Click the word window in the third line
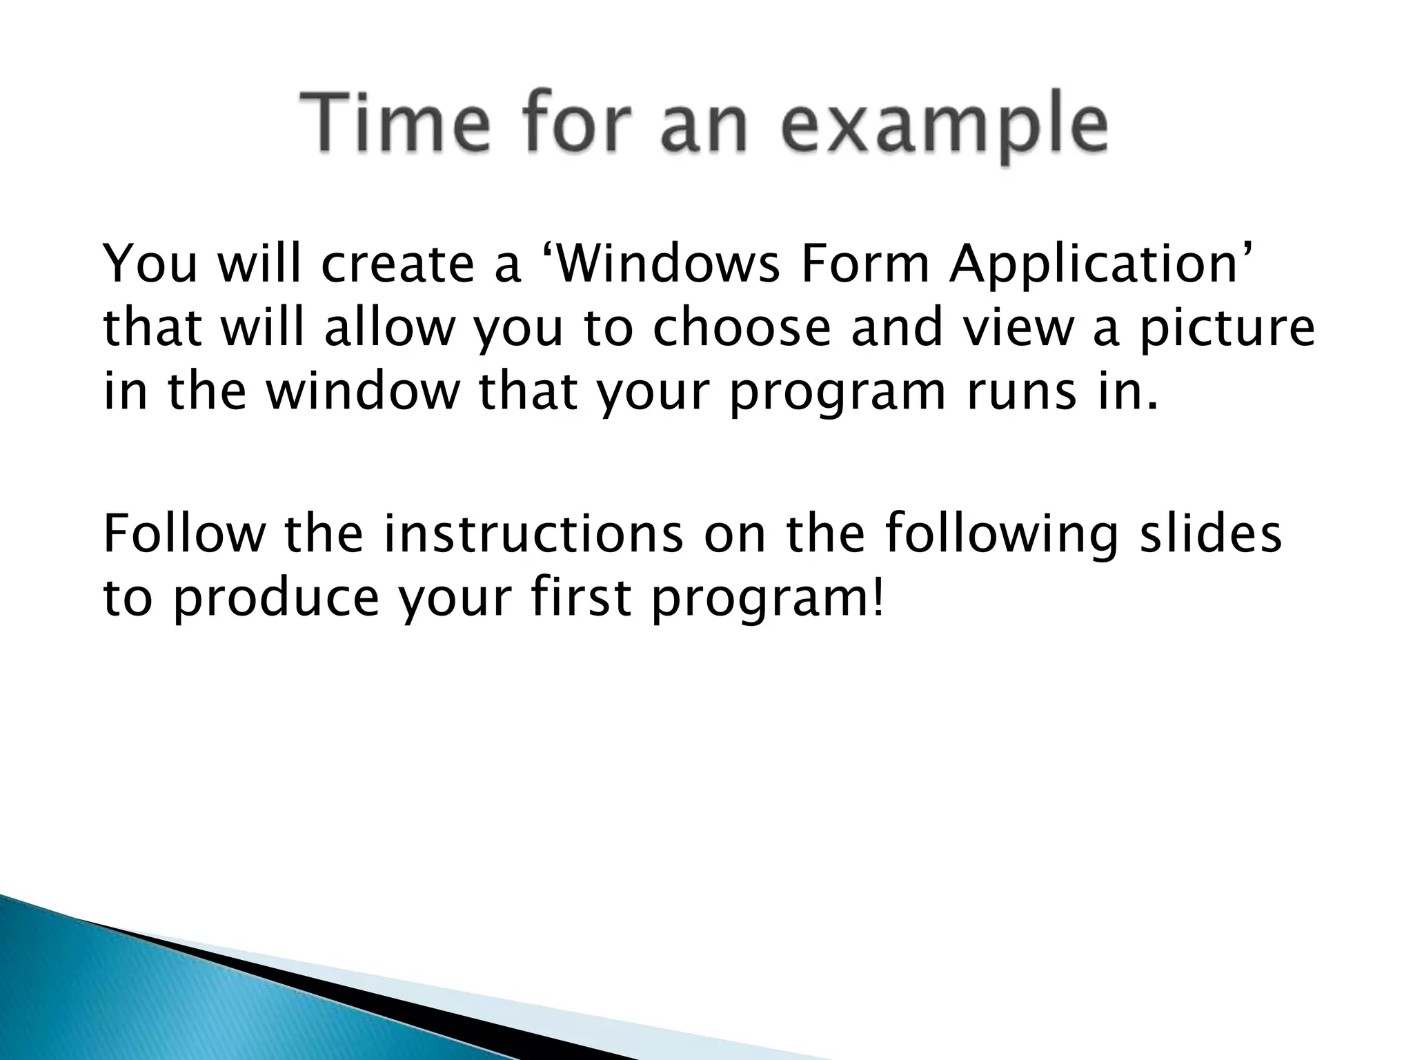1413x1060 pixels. [362, 391]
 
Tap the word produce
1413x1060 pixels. [275, 599]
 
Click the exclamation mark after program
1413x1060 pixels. [877, 595]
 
